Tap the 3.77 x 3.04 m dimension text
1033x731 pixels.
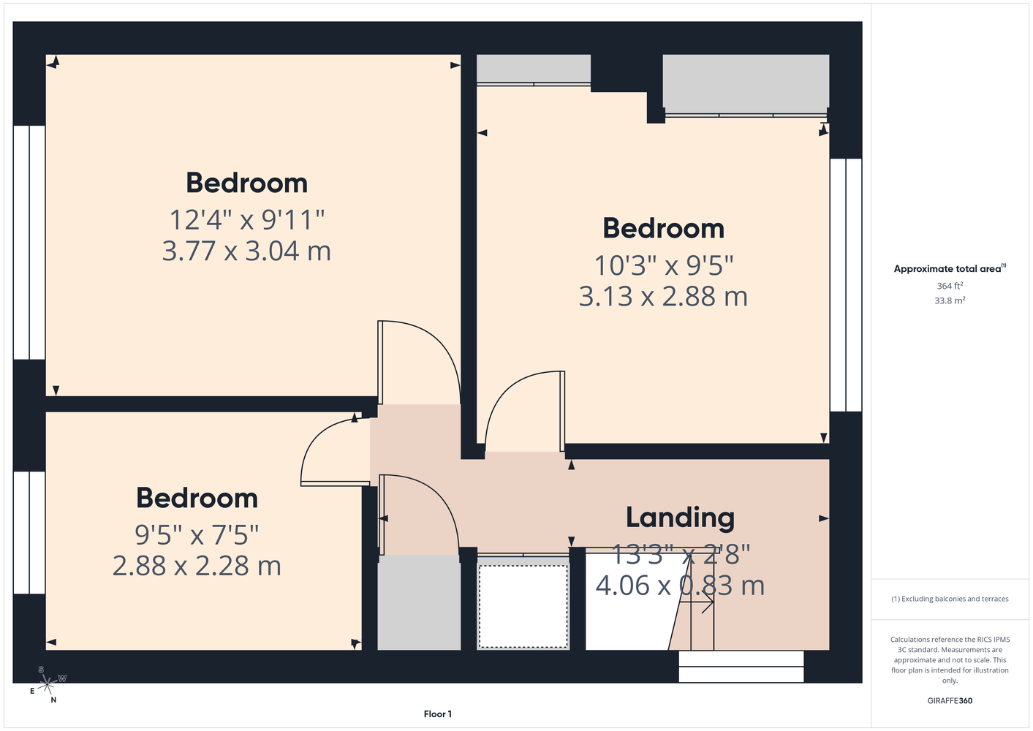pyautogui.click(x=246, y=251)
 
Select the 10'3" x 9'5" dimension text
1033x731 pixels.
pyautogui.click(x=663, y=265)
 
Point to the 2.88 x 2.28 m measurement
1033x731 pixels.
pyautogui.click(x=197, y=566)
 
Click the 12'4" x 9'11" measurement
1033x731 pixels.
pyautogui.click(x=246, y=219)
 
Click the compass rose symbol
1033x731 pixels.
pyautogui.click(x=47, y=684)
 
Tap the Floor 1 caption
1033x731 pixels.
pyautogui.click(x=438, y=714)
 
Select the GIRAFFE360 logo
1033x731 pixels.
pyautogui.click(x=950, y=700)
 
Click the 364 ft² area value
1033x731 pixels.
pyautogui.click(x=950, y=286)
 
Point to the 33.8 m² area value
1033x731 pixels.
pyautogui.click(x=950, y=300)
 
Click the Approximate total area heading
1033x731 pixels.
pyautogui.click(x=950, y=268)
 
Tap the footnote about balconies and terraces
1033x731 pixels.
pyautogui.click(x=950, y=599)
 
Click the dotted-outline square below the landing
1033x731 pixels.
pyautogui.click(x=523, y=607)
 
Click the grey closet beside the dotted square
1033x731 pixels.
pyautogui.click(x=419, y=602)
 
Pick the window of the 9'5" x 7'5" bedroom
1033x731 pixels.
pyautogui.click(x=29, y=533)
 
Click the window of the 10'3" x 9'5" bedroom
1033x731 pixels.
pyautogui.click(x=846, y=285)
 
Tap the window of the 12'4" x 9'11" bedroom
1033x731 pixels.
pyautogui.click(x=29, y=242)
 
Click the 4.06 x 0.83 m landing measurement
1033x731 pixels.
pyautogui.click(x=680, y=586)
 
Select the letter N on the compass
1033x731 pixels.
pyautogui.click(x=53, y=700)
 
